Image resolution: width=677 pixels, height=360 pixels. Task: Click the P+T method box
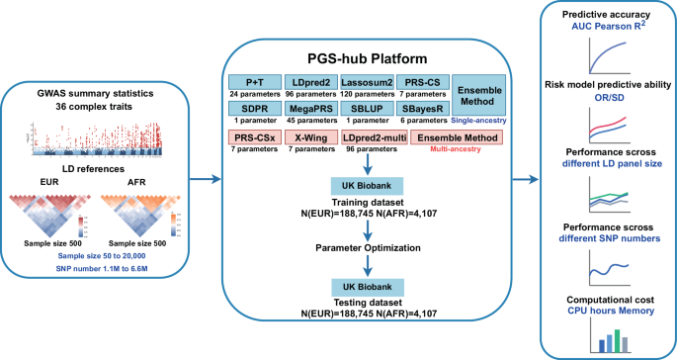255,81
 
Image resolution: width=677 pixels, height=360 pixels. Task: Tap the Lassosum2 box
372,81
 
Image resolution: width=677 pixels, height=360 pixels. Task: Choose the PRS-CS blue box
431,81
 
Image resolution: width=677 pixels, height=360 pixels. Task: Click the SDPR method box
255,114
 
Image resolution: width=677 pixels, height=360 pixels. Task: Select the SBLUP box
372,114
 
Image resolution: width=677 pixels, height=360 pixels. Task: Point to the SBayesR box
431,114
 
